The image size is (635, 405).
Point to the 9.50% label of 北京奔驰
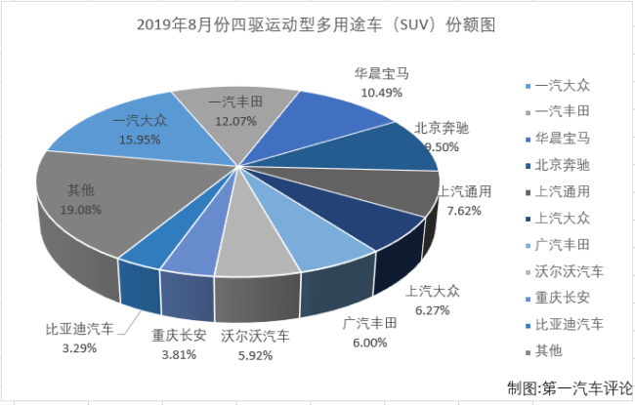(x=414, y=144)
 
